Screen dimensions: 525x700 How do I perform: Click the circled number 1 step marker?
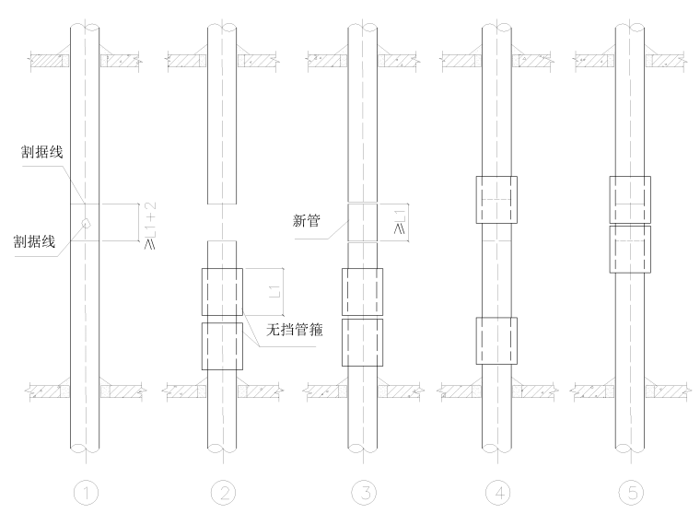click(x=86, y=494)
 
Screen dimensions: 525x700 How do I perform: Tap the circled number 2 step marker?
click(x=222, y=494)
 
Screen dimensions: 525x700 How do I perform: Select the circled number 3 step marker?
click(x=362, y=494)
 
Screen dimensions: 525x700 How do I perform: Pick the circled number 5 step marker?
click(x=629, y=494)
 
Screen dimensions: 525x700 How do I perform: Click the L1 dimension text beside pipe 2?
click(x=274, y=292)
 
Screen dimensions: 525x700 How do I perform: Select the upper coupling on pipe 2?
click(x=222, y=292)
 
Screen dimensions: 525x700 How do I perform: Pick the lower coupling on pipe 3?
click(x=362, y=343)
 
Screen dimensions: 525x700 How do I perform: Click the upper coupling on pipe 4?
click(x=496, y=199)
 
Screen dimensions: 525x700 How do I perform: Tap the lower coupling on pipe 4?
click(x=496, y=341)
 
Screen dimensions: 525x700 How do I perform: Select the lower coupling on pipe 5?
click(x=629, y=250)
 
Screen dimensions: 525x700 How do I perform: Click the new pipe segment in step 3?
click(x=362, y=222)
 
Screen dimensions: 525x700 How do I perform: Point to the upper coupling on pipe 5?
click(x=629, y=199)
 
